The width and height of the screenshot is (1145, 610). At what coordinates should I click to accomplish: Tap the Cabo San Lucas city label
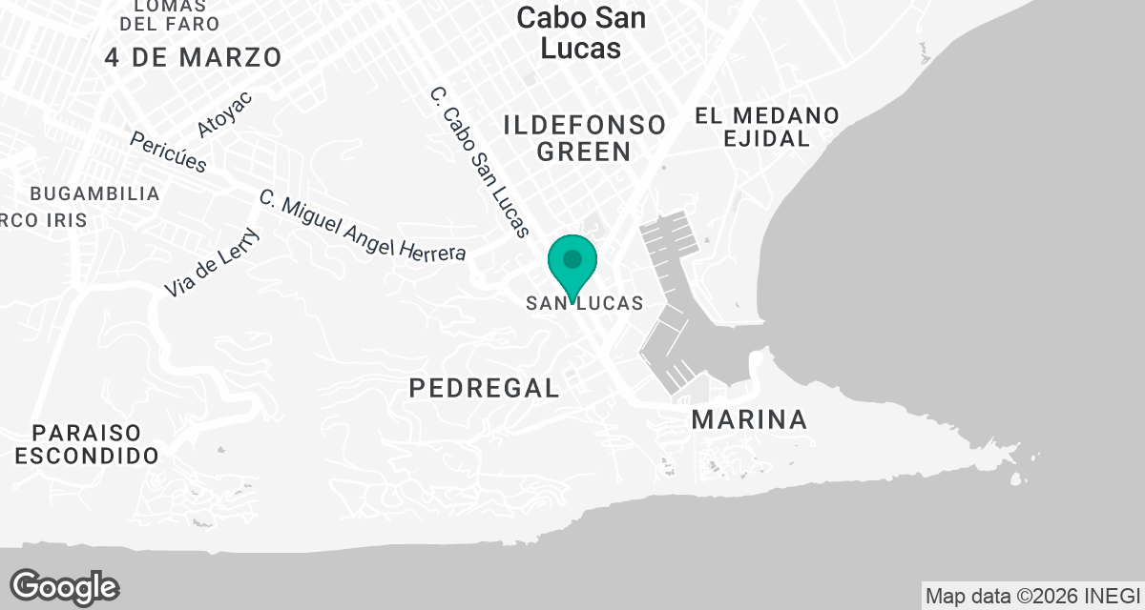(x=580, y=32)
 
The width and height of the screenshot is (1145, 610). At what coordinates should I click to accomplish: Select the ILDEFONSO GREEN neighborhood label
(x=584, y=137)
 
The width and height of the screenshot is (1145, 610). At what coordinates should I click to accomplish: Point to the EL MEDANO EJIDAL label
(x=767, y=127)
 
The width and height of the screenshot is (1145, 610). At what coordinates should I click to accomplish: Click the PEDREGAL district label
(x=484, y=387)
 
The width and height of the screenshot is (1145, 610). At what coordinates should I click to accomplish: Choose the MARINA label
(x=749, y=418)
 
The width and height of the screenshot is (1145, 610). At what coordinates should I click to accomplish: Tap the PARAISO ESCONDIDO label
(x=87, y=444)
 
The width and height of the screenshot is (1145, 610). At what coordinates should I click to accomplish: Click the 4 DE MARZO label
(x=194, y=57)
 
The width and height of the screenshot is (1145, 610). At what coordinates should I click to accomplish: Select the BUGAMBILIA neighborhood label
(x=94, y=193)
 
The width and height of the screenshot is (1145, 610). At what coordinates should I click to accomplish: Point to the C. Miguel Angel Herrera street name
(x=363, y=226)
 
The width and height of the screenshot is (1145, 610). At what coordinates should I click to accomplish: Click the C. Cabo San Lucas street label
(x=479, y=162)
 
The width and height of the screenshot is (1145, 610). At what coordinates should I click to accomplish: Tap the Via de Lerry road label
(x=211, y=262)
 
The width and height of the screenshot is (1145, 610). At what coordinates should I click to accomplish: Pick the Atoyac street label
(x=224, y=114)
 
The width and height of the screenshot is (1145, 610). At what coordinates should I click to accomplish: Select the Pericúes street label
(x=168, y=151)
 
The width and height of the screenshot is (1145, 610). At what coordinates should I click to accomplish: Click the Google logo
(x=64, y=586)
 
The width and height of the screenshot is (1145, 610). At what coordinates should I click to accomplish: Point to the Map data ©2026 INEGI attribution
(x=1033, y=595)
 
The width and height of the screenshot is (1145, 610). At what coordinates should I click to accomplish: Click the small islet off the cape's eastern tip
(x=1014, y=478)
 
